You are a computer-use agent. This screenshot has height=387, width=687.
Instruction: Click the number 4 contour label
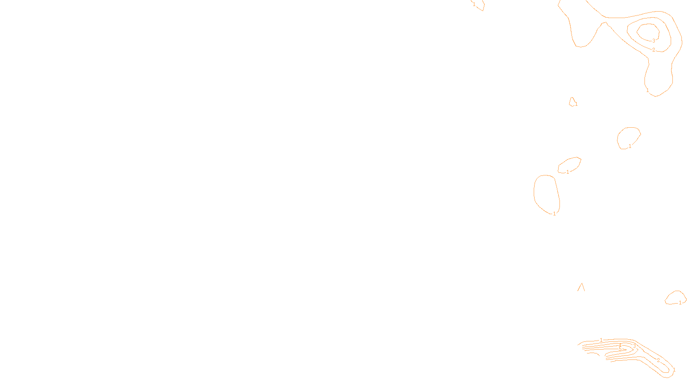coord(620,345)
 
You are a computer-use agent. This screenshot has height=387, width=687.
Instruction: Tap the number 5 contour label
coord(620,350)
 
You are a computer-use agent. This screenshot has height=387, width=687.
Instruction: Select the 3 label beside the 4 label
coord(634,346)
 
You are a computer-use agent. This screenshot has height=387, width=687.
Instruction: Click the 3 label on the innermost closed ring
coord(654,41)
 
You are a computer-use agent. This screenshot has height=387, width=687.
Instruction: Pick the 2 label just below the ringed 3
coord(654,50)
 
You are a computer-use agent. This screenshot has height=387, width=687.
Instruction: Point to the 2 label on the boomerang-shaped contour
coord(658,360)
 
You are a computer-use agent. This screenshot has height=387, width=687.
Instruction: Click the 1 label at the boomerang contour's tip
coord(674,370)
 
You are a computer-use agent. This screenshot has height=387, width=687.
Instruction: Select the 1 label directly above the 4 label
coord(601,340)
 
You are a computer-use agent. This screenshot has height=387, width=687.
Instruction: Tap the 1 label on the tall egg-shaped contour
coord(554,213)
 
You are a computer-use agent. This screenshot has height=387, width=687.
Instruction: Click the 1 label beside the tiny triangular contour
coord(576,104)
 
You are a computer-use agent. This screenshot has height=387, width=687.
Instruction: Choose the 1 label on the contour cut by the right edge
coord(680,303)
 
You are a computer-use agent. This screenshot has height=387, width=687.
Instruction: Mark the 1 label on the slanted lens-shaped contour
coord(568,172)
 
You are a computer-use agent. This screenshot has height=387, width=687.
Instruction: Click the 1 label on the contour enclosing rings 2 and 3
coord(647,90)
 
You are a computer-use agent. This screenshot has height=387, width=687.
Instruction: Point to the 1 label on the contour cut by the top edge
coord(474,4)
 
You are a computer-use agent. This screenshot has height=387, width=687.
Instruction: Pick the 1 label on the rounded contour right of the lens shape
coord(630,146)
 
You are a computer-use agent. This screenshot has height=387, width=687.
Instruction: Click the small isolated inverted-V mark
coord(581,287)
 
